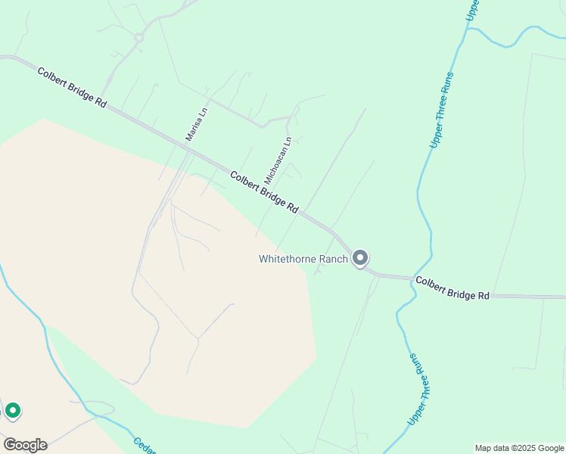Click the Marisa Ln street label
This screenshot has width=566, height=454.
pos(196,124)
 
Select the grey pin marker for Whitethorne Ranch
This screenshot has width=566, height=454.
pos(361,259)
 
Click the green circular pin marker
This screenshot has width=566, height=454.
pos(12,411)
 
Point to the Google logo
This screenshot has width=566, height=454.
pos(25,445)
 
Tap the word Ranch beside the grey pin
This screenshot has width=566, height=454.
pos(337,259)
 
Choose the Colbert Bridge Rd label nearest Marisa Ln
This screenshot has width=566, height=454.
pos(72,87)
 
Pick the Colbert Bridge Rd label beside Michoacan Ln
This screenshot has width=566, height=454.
pos(264,191)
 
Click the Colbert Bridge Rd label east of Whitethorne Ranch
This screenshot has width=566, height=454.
pos(452,288)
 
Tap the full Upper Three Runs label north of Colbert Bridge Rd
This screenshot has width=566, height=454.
pos(441,109)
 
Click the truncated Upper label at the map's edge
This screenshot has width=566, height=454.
pos(472,11)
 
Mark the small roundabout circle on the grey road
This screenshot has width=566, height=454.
pos(139,37)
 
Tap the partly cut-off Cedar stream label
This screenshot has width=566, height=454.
pos(145,446)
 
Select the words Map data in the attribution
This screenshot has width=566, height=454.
pos(490,448)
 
